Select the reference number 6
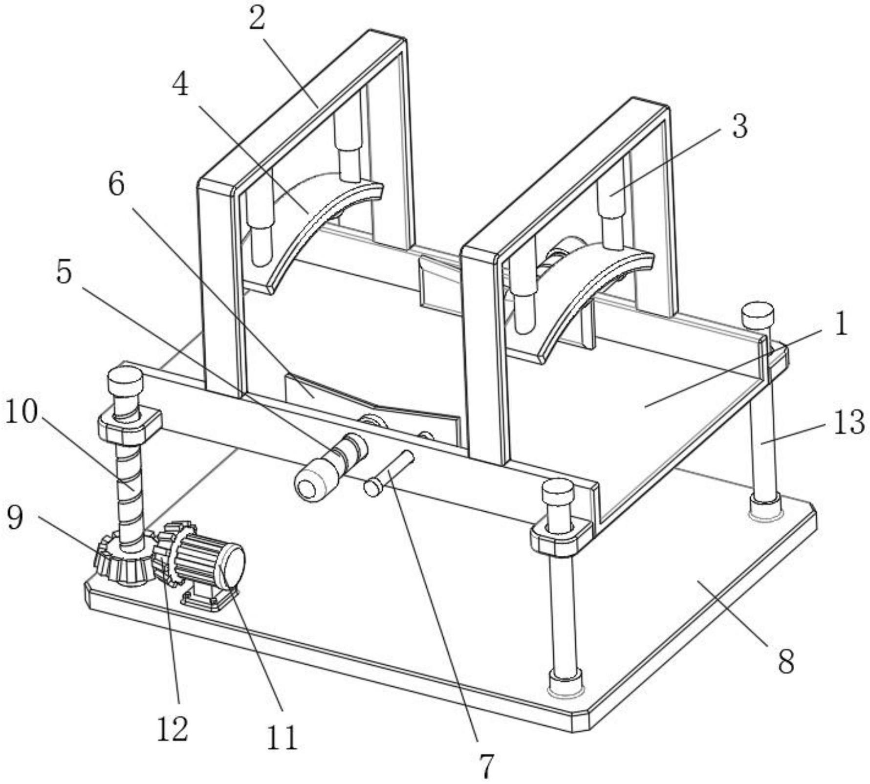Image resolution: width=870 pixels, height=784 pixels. (x=116, y=185)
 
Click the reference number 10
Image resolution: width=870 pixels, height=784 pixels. (x=21, y=412)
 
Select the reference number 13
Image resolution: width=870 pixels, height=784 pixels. (x=849, y=422)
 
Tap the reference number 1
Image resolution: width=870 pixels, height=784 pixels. (x=840, y=325)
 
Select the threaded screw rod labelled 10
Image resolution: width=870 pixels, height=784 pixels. (x=130, y=494)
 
